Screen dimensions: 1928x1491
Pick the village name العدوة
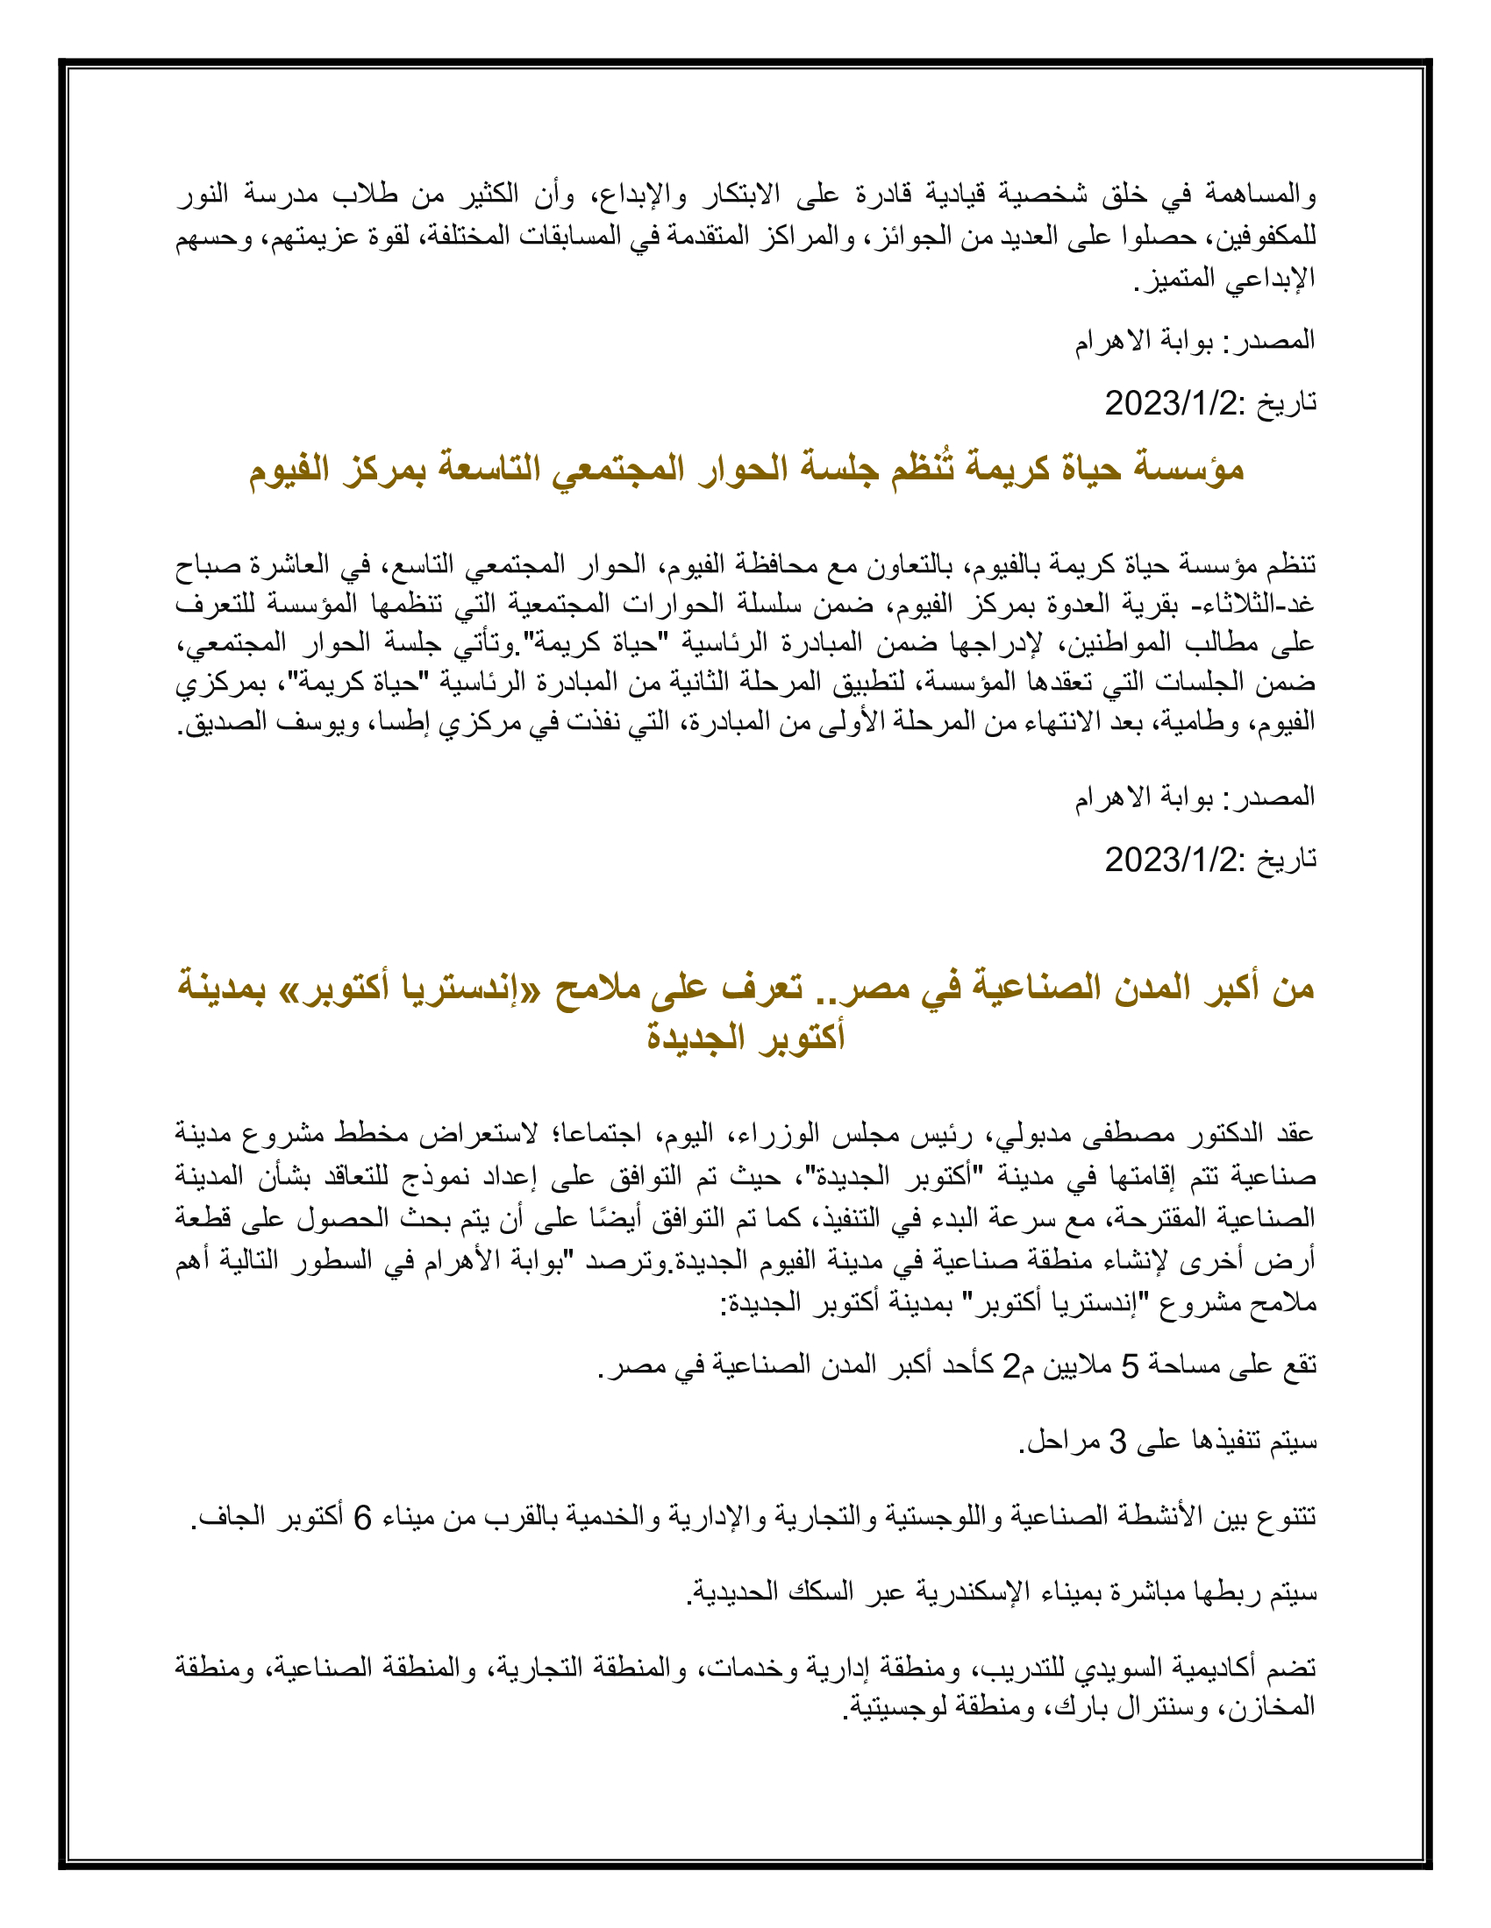click(1071, 605)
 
